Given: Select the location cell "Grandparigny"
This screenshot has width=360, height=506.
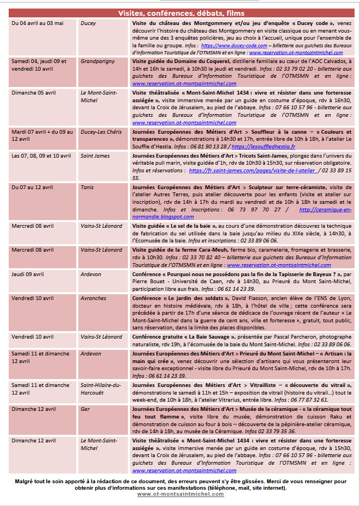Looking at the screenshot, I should (x=98, y=62).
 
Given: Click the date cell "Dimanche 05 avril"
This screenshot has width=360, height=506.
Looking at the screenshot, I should (x=33, y=92).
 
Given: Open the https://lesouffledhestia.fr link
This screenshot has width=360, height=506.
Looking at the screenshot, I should (x=263, y=147).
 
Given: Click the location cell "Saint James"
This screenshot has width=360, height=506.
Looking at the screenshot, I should (x=95, y=156).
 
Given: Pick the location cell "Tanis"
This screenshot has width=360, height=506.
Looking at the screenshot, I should (x=88, y=188).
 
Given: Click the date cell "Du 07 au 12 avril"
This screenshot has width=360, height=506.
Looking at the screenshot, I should (x=32, y=188).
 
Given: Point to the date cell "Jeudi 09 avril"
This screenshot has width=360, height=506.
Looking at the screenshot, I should (x=28, y=274).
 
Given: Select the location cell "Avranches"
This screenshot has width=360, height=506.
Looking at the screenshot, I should (x=93, y=298).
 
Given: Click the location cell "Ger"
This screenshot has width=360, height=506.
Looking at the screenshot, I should (x=85, y=409).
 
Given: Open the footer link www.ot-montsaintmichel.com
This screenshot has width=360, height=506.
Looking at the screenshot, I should (x=180, y=494).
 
